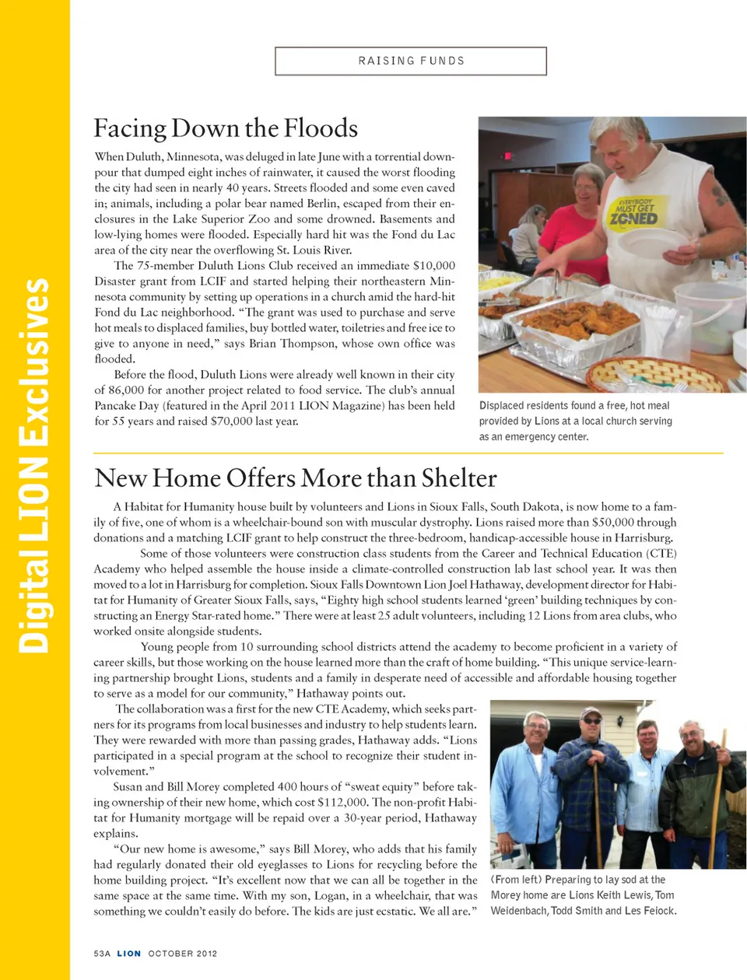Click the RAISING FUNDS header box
[411, 61]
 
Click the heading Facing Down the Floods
[226, 128]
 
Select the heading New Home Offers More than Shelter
[295, 478]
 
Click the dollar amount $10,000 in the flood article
[433, 266]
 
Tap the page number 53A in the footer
[102, 954]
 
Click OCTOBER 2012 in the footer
[183, 954]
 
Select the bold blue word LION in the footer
[129, 954]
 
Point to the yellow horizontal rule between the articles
[408, 453]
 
